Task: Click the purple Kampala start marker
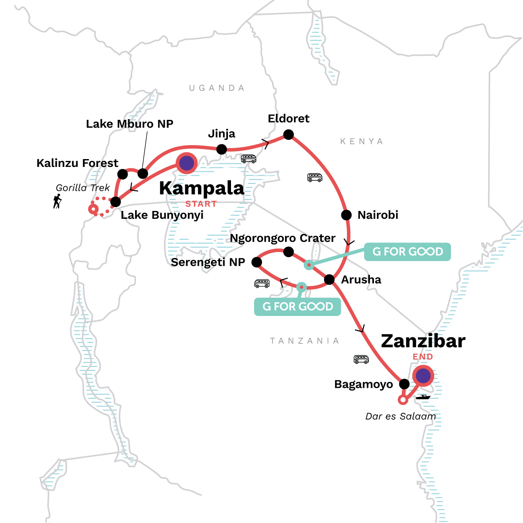[187, 163]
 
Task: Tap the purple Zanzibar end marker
[423, 376]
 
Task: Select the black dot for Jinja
[221, 149]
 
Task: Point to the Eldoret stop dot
[289, 135]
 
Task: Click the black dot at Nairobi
[346, 215]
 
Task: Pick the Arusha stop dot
[329, 279]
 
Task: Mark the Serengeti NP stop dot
[257, 262]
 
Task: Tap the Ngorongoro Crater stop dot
[288, 251]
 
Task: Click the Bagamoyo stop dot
[404, 384]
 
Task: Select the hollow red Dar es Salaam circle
[403, 400]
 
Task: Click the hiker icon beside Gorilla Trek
[57, 201]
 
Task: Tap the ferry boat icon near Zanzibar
[423, 397]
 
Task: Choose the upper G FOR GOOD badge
[407, 252]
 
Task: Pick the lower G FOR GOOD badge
[297, 307]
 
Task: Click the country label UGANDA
[217, 88]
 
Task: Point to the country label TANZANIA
[304, 341]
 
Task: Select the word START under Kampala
[201, 204]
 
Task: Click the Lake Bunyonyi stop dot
[115, 202]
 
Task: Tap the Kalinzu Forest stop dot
[123, 174]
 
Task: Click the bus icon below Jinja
[249, 159]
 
